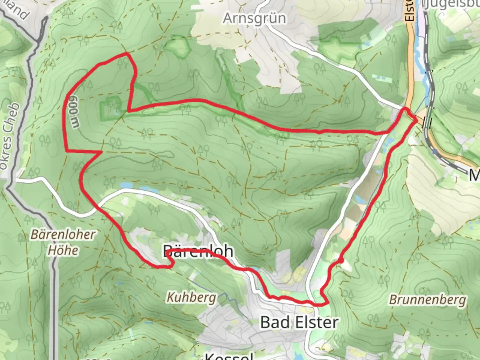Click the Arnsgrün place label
coord(254,18)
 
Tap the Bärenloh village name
coord(198,251)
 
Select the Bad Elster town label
coord(299,322)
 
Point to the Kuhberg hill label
coord(191,297)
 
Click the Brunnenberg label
coord(427,300)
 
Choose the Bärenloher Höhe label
coord(63,242)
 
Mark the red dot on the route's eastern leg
coord(341,260)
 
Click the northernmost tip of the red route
coord(126,53)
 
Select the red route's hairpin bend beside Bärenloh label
coord(172,263)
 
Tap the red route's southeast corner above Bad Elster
coord(326,303)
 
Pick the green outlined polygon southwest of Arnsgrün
coord(176,47)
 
